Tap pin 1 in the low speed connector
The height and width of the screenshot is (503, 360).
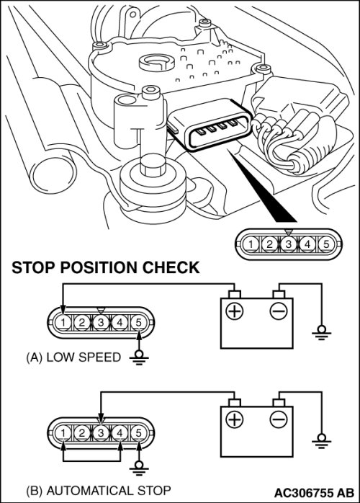63,322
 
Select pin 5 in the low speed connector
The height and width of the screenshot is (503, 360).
138,322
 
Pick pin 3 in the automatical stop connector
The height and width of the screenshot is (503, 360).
101,433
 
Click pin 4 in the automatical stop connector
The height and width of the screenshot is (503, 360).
120,433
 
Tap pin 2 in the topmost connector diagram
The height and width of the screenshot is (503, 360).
269,244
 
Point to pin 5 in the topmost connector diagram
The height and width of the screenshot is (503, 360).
326,244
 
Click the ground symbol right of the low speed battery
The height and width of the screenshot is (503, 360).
321,332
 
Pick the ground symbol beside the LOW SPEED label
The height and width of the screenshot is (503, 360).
139,357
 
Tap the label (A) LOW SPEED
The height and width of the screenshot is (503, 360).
73,357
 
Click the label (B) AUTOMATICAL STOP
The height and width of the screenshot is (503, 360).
99,491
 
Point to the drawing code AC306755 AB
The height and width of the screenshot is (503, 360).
314,492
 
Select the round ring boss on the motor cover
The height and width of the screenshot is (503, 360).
157,62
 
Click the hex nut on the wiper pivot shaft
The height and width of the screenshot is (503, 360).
152,166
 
